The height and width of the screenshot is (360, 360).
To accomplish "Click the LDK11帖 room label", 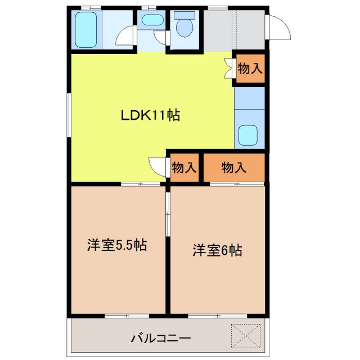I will click(x=150, y=116).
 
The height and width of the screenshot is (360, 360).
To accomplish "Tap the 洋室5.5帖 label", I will click(x=117, y=245).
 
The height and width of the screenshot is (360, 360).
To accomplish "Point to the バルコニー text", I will click(x=161, y=339).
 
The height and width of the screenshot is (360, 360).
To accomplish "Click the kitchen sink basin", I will click(x=248, y=136).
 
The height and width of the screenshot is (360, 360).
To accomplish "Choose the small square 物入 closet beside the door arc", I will click(x=184, y=168).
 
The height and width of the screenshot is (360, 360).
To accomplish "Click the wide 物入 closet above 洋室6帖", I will click(x=233, y=168).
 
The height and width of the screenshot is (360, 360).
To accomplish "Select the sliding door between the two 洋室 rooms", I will click(x=168, y=214).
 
